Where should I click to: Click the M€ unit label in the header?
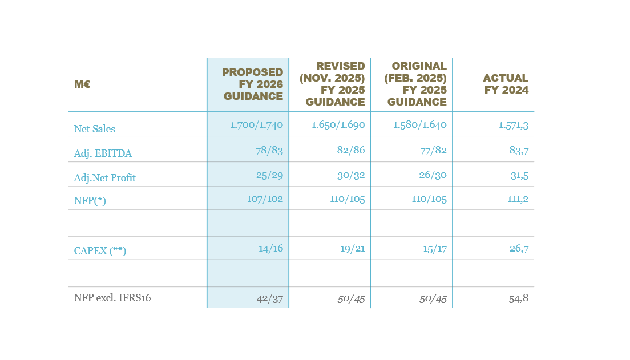82,84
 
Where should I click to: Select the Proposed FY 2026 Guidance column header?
252,84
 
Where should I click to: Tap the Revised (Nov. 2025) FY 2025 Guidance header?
332,84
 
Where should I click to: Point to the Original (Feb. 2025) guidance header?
415,84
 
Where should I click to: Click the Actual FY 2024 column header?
506,84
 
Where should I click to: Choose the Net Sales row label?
95,129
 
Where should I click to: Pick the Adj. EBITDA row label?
99,153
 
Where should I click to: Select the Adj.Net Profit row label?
105,178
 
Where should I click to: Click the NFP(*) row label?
90,200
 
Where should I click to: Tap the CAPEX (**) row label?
100,250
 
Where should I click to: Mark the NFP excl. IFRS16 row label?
112,298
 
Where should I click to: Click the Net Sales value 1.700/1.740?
256,125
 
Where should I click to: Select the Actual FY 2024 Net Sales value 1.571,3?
512,125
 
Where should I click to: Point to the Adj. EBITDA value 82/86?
350,151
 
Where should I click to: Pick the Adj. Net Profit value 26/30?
433,175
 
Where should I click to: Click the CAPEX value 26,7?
519,249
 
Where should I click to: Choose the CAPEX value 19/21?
350,249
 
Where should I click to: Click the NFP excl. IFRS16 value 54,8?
519,298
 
